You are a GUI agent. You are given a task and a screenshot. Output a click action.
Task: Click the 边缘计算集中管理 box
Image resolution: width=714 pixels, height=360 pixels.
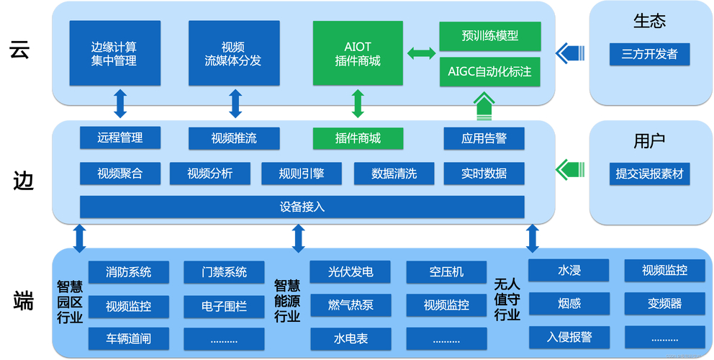tap(114, 53)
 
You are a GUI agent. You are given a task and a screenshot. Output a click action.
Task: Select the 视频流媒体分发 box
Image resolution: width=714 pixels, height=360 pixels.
tap(234, 53)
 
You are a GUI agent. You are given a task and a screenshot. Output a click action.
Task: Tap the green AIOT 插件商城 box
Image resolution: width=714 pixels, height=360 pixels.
tap(358, 53)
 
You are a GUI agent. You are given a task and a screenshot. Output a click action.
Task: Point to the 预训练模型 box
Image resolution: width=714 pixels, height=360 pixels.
tap(489, 35)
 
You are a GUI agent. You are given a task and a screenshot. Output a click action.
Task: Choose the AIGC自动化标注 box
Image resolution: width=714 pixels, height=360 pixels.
tap(489, 72)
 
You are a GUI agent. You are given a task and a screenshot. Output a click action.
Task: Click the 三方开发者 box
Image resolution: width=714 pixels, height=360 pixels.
tap(649, 53)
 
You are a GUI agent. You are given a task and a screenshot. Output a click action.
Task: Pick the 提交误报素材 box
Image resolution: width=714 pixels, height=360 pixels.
tap(649, 174)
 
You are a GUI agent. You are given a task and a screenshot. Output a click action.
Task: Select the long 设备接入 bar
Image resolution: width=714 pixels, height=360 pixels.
tap(302, 207)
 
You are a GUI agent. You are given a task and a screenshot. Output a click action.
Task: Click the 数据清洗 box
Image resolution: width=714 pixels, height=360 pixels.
tap(394, 174)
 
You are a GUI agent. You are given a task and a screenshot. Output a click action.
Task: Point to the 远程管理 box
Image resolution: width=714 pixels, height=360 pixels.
tap(119, 138)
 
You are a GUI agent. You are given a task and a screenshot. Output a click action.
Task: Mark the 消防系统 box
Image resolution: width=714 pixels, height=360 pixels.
tap(128, 272)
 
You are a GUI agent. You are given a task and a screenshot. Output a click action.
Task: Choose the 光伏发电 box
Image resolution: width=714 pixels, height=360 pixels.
tap(350, 272)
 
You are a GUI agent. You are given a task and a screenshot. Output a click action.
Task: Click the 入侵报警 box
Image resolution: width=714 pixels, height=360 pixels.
tap(569, 336)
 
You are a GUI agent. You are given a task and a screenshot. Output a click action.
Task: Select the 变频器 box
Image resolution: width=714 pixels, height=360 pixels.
tap(664, 303)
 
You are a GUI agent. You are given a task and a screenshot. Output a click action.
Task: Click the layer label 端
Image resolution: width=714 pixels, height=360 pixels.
tap(23, 301)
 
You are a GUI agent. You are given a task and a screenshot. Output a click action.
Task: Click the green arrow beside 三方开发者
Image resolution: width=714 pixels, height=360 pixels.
tap(571, 52)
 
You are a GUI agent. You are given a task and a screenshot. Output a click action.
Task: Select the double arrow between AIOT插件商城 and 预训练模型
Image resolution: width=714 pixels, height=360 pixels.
tap(421, 53)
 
